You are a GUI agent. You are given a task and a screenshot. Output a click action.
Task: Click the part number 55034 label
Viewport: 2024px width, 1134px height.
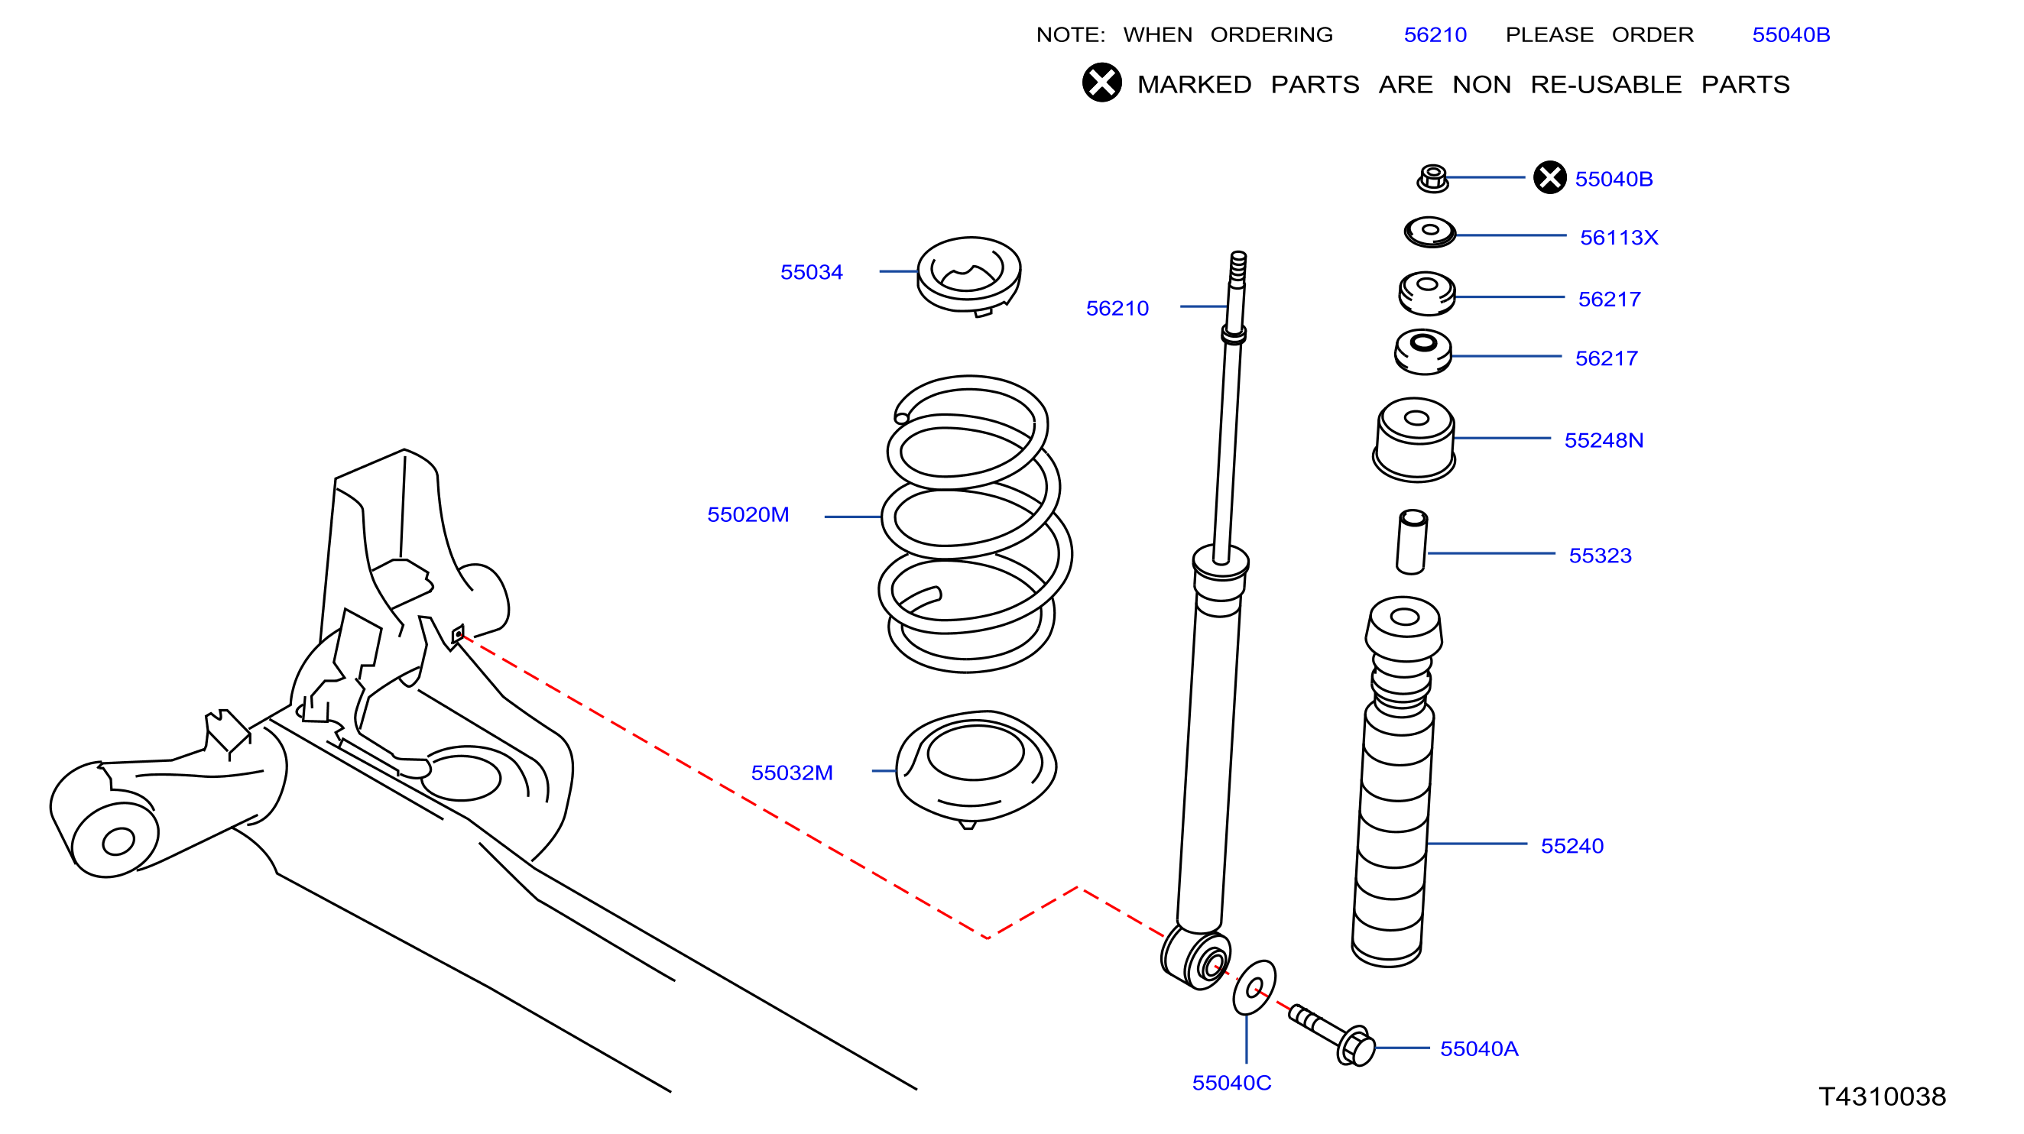pos(811,272)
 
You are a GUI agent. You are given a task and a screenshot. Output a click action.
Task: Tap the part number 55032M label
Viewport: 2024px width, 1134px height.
pos(791,773)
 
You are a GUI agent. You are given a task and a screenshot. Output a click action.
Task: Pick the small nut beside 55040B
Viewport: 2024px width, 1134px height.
pos(1432,178)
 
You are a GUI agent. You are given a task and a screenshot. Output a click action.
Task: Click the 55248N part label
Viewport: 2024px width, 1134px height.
pos(1604,441)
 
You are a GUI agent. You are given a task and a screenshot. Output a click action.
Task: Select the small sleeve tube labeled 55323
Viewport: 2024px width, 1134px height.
pos(1411,542)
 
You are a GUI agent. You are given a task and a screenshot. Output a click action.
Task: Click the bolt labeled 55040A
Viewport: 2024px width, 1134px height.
pos(1333,1035)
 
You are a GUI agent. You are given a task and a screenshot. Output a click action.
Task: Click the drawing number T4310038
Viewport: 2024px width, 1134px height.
pos(1882,1097)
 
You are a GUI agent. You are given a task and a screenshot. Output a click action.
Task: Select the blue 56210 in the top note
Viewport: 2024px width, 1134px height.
pos(1435,34)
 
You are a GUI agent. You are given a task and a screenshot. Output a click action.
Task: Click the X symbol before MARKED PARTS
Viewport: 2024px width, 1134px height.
pos(1101,83)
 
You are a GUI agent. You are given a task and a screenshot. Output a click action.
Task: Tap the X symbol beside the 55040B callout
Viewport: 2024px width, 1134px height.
pos(1549,177)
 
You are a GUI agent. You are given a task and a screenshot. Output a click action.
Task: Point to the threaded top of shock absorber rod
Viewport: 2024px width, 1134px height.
pos(1237,267)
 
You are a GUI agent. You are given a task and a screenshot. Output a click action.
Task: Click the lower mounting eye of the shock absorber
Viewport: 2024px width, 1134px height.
pos(1195,957)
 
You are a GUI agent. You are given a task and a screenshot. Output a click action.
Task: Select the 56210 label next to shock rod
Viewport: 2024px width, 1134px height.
pos(1117,308)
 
